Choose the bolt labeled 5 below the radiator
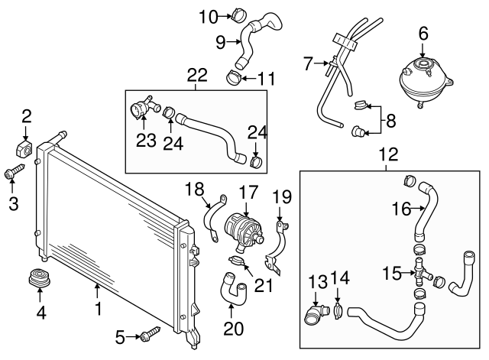(x=151, y=333)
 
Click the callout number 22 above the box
(x=196, y=74)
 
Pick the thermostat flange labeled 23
(x=141, y=112)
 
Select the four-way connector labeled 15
(x=421, y=271)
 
